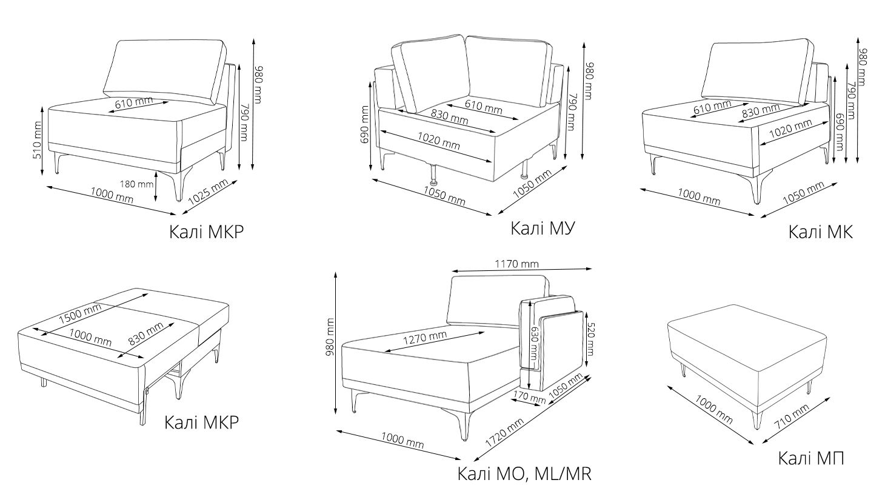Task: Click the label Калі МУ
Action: (x=542, y=228)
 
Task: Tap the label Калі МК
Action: (x=820, y=232)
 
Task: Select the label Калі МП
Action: (x=811, y=458)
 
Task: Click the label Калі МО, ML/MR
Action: (x=524, y=473)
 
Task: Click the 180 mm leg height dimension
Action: (x=136, y=184)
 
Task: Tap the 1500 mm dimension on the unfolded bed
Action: (x=79, y=312)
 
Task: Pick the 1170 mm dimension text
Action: (x=516, y=264)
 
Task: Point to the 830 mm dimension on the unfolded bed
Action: (x=146, y=334)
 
